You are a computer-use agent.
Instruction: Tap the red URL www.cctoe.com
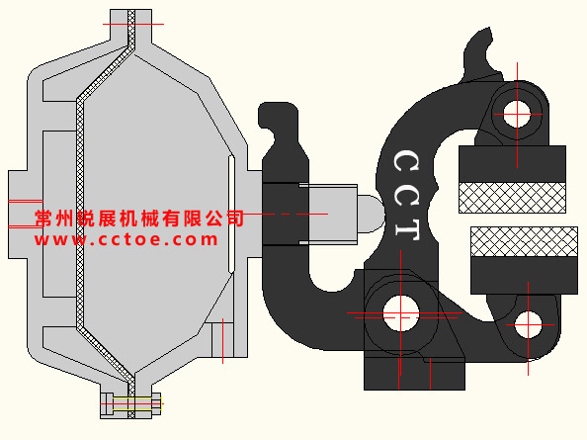[x=126, y=239]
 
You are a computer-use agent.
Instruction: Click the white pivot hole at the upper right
[x=517, y=114]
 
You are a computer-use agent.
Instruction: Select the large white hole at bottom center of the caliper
[x=400, y=313]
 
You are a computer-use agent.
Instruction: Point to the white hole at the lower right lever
[x=528, y=324]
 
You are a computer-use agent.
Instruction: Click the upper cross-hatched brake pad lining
[x=512, y=198]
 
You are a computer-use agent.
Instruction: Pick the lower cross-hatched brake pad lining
[x=524, y=241]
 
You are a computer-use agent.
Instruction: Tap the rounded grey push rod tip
[x=371, y=214]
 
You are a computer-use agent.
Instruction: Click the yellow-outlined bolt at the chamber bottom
[x=131, y=403]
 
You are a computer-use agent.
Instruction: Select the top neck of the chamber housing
[x=131, y=26]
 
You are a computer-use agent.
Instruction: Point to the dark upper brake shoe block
[x=512, y=164]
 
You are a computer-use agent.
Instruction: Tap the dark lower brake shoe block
[x=524, y=275]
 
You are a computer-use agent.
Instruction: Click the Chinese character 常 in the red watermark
[x=43, y=219]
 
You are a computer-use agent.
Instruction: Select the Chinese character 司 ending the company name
[x=235, y=219]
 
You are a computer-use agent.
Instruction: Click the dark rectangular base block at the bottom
[x=414, y=374]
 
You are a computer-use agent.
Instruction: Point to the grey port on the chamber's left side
[x=26, y=215]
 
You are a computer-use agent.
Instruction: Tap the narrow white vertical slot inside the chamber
[x=231, y=215]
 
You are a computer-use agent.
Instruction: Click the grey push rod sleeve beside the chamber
[x=328, y=215]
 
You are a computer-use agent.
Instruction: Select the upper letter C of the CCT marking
[x=406, y=161]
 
